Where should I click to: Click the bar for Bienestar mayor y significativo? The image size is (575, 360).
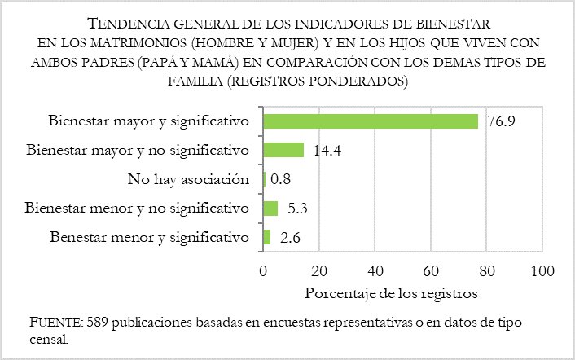click(x=370, y=121)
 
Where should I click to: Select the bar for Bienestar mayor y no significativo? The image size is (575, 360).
click(x=283, y=150)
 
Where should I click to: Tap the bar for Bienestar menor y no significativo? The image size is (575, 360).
click(x=270, y=209)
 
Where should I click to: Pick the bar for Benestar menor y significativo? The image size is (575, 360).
click(x=266, y=237)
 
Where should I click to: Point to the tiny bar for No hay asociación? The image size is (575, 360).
click(x=264, y=179)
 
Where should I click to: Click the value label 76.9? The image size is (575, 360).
click(x=501, y=122)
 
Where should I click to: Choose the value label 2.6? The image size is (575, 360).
click(x=289, y=238)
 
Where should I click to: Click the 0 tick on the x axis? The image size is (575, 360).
click(x=263, y=270)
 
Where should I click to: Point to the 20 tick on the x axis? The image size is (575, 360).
click(x=318, y=270)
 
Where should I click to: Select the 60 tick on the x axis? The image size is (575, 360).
click(x=431, y=270)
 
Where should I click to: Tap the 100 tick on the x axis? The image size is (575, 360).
click(x=542, y=270)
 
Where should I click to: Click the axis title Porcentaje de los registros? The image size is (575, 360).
click(x=390, y=292)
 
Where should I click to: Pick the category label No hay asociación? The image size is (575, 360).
click(x=188, y=179)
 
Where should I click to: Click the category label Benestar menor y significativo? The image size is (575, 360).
click(x=148, y=238)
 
